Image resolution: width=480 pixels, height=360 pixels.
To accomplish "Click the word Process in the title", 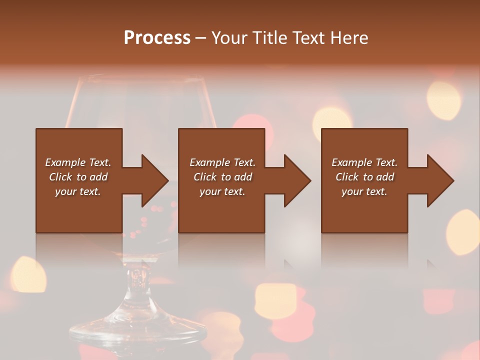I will (x=157, y=38).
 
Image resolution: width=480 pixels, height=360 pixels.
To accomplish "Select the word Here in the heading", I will (x=348, y=38).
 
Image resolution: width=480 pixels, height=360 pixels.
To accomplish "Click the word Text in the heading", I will (x=307, y=38).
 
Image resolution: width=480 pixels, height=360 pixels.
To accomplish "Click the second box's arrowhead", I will (x=296, y=180).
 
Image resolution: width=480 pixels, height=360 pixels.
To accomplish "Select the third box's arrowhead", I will (x=439, y=180).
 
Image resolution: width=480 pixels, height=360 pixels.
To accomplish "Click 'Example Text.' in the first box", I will (x=78, y=162).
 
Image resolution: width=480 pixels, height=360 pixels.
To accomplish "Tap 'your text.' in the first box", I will (x=78, y=191).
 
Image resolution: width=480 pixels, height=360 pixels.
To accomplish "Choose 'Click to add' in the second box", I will (x=222, y=177).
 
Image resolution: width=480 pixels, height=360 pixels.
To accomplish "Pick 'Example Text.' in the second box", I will (x=222, y=162).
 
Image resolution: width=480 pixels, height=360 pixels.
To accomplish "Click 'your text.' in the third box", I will (x=364, y=191).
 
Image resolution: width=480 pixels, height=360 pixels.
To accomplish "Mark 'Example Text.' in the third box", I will (x=364, y=162).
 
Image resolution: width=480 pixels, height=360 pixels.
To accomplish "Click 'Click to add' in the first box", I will (x=78, y=177).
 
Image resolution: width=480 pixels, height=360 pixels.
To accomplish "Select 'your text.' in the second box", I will (x=222, y=191).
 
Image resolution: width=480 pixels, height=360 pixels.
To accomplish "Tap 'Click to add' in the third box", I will (x=364, y=177).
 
